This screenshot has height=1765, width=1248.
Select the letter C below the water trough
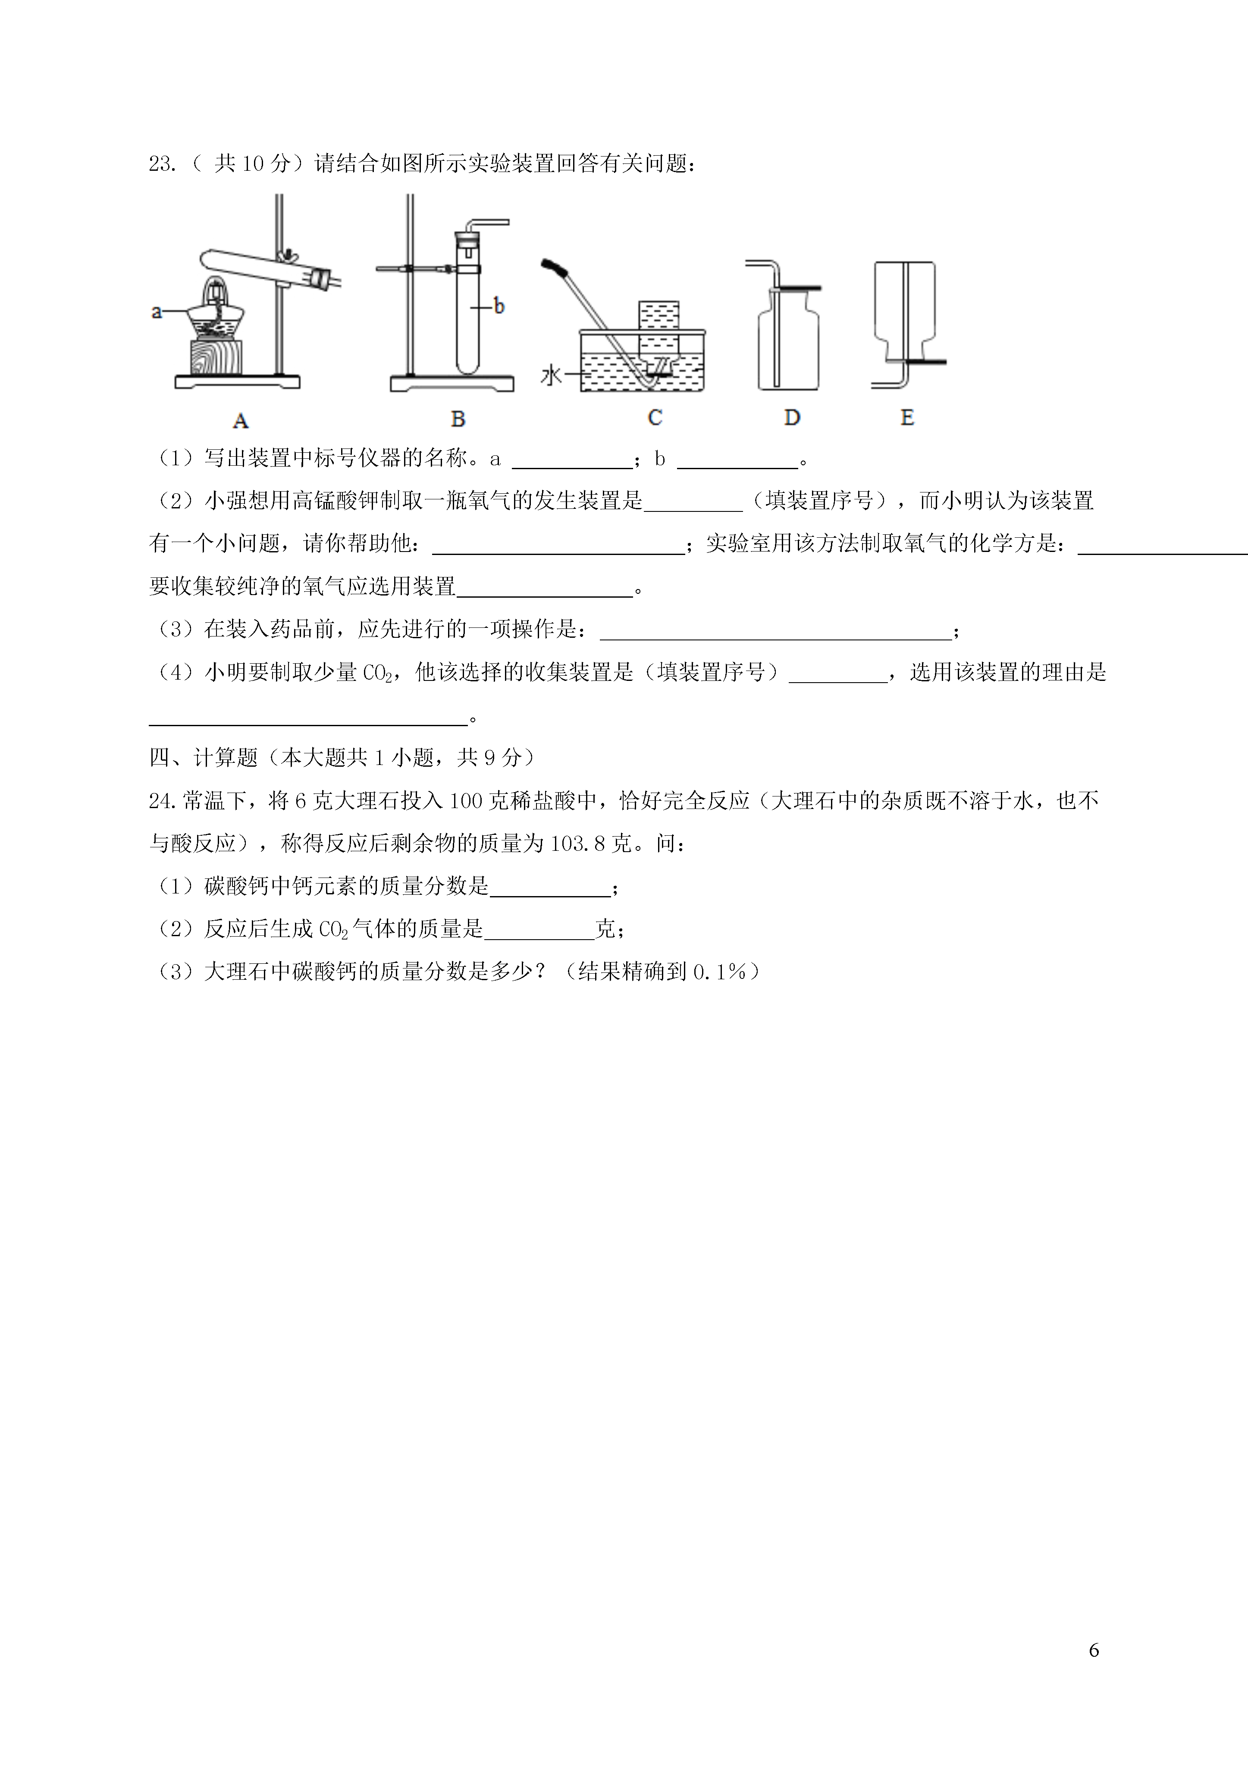pos(654,417)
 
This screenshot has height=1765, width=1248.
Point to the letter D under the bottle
pos(792,417)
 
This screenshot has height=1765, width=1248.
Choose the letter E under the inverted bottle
pos(907,417)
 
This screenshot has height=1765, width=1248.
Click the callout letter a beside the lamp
pos(157,311)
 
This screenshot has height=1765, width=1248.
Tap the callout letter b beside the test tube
pos(499,306)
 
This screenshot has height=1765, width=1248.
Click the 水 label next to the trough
pos(551,376)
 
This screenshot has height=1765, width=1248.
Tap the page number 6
pos(1094,1650)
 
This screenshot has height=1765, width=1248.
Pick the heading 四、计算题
pos(204,758)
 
